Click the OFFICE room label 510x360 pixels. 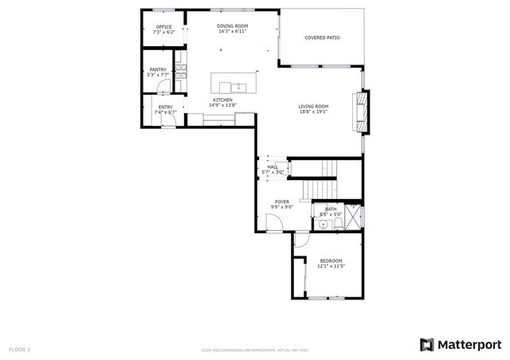163,26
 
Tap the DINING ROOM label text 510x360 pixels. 233,26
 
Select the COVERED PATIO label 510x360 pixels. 322,37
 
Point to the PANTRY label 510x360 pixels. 158,69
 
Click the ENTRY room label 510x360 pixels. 165,107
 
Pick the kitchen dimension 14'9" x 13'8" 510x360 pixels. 222,105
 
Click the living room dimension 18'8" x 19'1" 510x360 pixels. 313,112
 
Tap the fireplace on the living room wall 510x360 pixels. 363,111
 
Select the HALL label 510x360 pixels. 273,166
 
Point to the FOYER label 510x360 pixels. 282,202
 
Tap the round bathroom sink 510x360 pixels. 321,225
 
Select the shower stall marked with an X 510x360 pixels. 355,216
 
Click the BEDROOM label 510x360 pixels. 331,260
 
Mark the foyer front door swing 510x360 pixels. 274,225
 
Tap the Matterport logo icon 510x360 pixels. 427,344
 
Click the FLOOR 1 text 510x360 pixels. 19,349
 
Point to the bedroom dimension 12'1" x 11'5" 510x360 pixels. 331,266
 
